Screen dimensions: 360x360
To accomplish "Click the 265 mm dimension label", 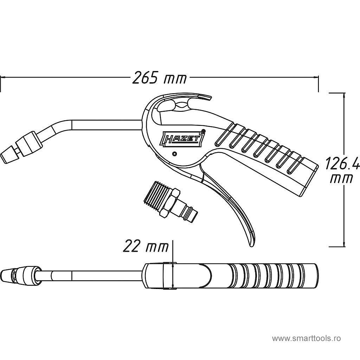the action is point(160,78).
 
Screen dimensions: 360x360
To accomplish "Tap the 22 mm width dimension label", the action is point(146,246).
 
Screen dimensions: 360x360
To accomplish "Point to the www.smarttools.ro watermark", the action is point(306,339).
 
